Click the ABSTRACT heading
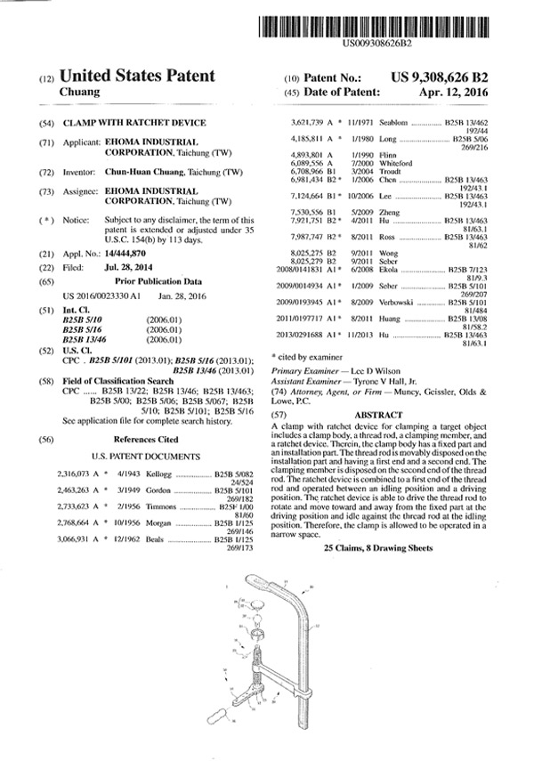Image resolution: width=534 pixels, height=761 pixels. [x=378, y=415]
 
